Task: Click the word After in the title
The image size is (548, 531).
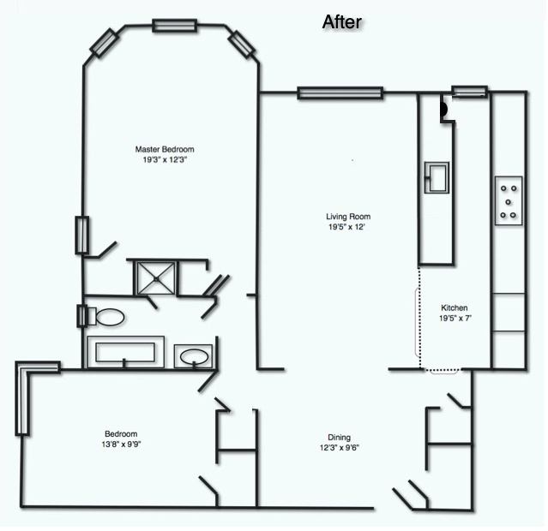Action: pos(341,22)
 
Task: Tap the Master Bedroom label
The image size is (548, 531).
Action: pos(165,149)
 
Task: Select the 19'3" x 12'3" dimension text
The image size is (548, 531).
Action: pos(165,160)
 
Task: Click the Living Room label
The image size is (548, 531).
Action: pos(348,217)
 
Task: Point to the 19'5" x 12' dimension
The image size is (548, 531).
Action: pos(346,227)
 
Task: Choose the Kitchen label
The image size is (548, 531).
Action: pos(454,308)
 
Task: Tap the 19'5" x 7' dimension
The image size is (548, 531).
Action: pos(455,319)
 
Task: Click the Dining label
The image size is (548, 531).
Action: pos(339,438)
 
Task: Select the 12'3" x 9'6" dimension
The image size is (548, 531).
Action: pos(340,448)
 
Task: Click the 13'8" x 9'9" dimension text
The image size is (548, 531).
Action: pos(121,444)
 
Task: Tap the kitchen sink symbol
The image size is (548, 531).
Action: pos(437,177)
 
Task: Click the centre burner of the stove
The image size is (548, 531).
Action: pos(509,202)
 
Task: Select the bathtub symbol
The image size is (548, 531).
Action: pos(125,352)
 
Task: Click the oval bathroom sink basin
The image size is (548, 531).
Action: pos(194,357)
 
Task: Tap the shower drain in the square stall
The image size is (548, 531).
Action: pos(156,278)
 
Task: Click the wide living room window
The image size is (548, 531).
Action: pos(340,93)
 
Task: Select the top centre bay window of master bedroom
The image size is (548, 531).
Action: pos(174,26)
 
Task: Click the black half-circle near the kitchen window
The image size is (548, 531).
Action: pos(444,109)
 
